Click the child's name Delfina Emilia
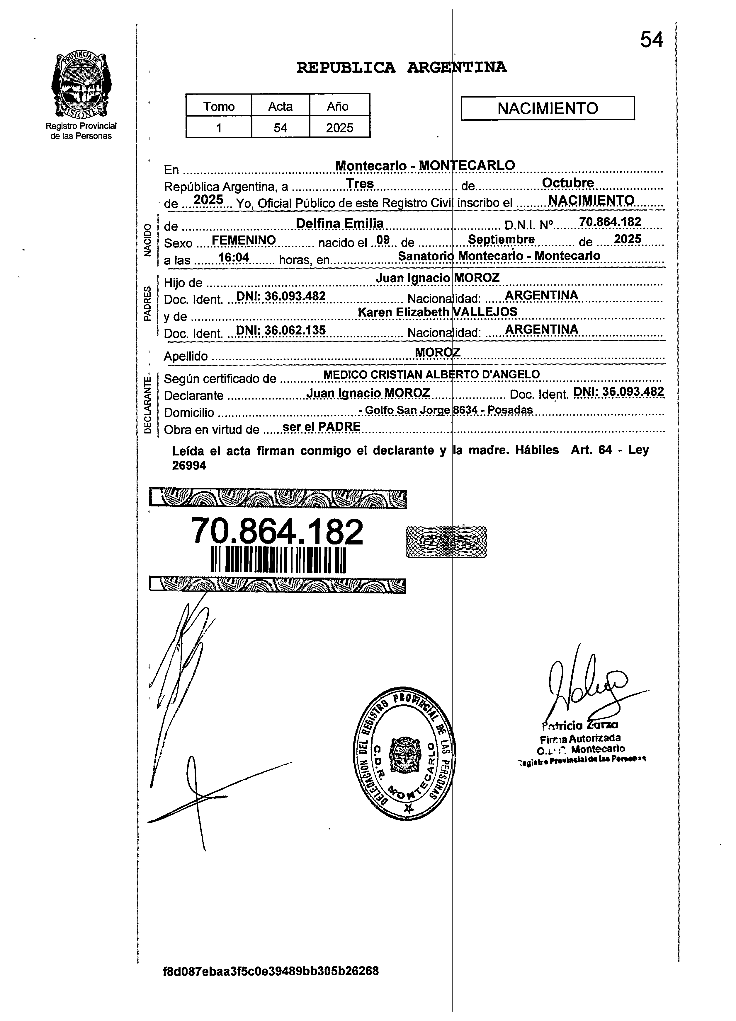click(x=339, y=223)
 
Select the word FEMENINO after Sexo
click(x=244, y=240)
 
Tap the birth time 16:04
click(x=233, y=257)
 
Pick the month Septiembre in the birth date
click(x=501, y=240)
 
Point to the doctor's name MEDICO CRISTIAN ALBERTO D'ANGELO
click(x=431, y=374)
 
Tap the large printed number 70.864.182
click(x=277, y=531)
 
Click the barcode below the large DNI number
click(x=278, y=560)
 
